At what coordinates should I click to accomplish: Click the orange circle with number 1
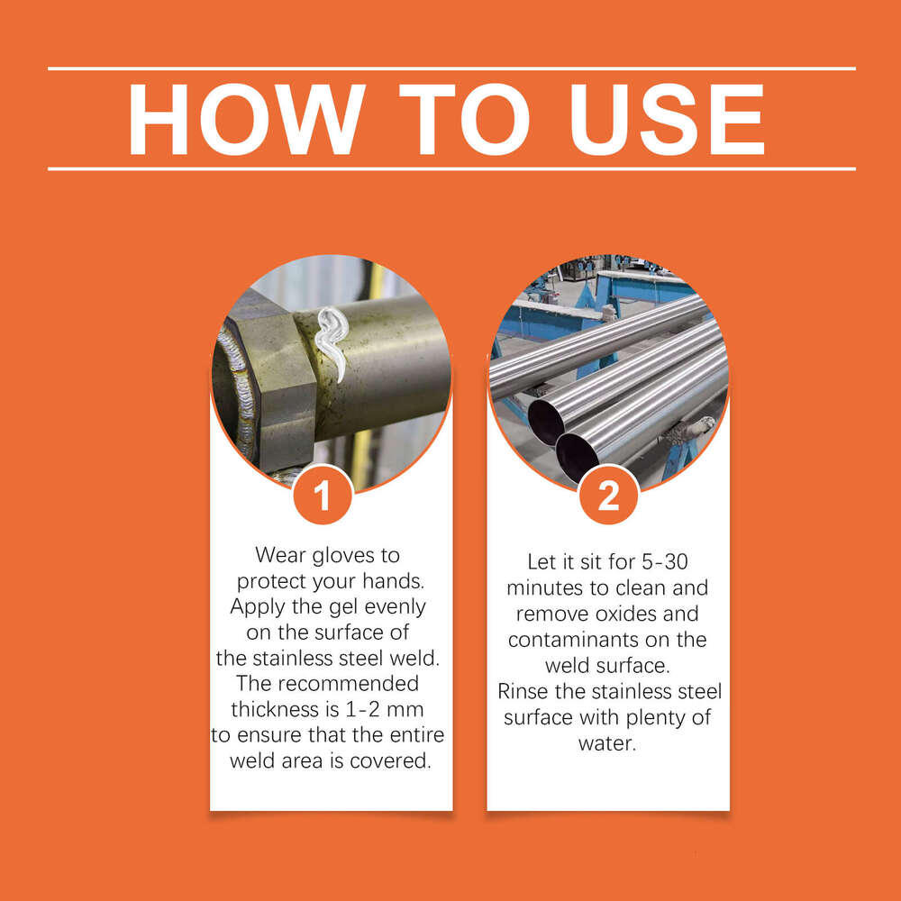click(323, 494)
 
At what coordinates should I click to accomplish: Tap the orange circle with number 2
click(609, 494)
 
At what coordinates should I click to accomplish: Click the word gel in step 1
click(344, 606)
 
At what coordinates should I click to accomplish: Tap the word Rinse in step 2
click(523, 692)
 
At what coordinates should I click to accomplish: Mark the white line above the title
click(450, 68)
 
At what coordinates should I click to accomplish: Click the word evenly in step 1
click(396, 606)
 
